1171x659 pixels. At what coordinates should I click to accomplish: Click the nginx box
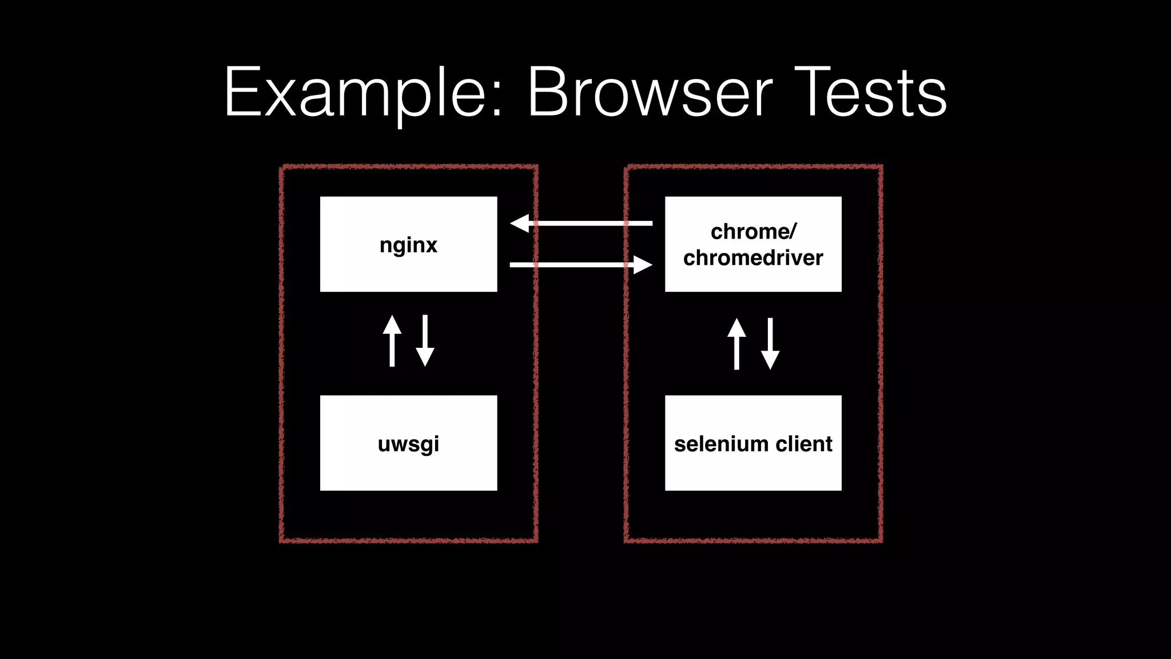408,244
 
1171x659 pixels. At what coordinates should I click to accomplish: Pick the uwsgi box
408,443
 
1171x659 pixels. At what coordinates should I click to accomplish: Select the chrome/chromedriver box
753,244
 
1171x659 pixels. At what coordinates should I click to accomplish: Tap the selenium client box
753,443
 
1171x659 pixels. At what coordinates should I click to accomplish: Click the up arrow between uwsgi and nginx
392,341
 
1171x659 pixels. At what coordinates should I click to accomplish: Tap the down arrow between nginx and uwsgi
425,341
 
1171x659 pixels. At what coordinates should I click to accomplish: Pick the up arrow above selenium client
736,344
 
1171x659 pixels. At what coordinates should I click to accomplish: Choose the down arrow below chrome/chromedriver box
770,344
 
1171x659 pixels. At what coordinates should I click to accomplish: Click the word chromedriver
753,258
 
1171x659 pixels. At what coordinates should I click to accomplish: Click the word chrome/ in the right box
753,232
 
